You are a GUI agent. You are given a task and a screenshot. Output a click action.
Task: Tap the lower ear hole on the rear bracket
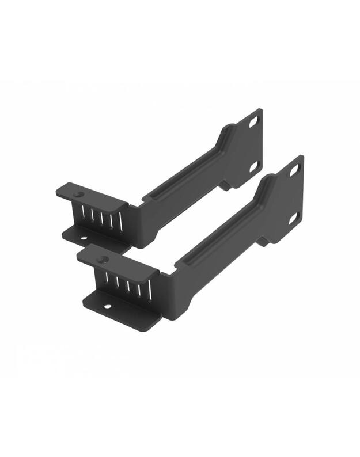252,166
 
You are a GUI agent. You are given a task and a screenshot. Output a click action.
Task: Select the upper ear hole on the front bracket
294,170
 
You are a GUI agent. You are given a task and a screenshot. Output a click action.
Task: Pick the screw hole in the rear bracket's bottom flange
83,237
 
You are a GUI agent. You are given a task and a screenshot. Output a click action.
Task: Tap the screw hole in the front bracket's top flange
103,259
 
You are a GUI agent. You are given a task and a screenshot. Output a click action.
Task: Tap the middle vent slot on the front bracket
126,284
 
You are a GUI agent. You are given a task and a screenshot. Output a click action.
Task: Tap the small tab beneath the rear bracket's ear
225,186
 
